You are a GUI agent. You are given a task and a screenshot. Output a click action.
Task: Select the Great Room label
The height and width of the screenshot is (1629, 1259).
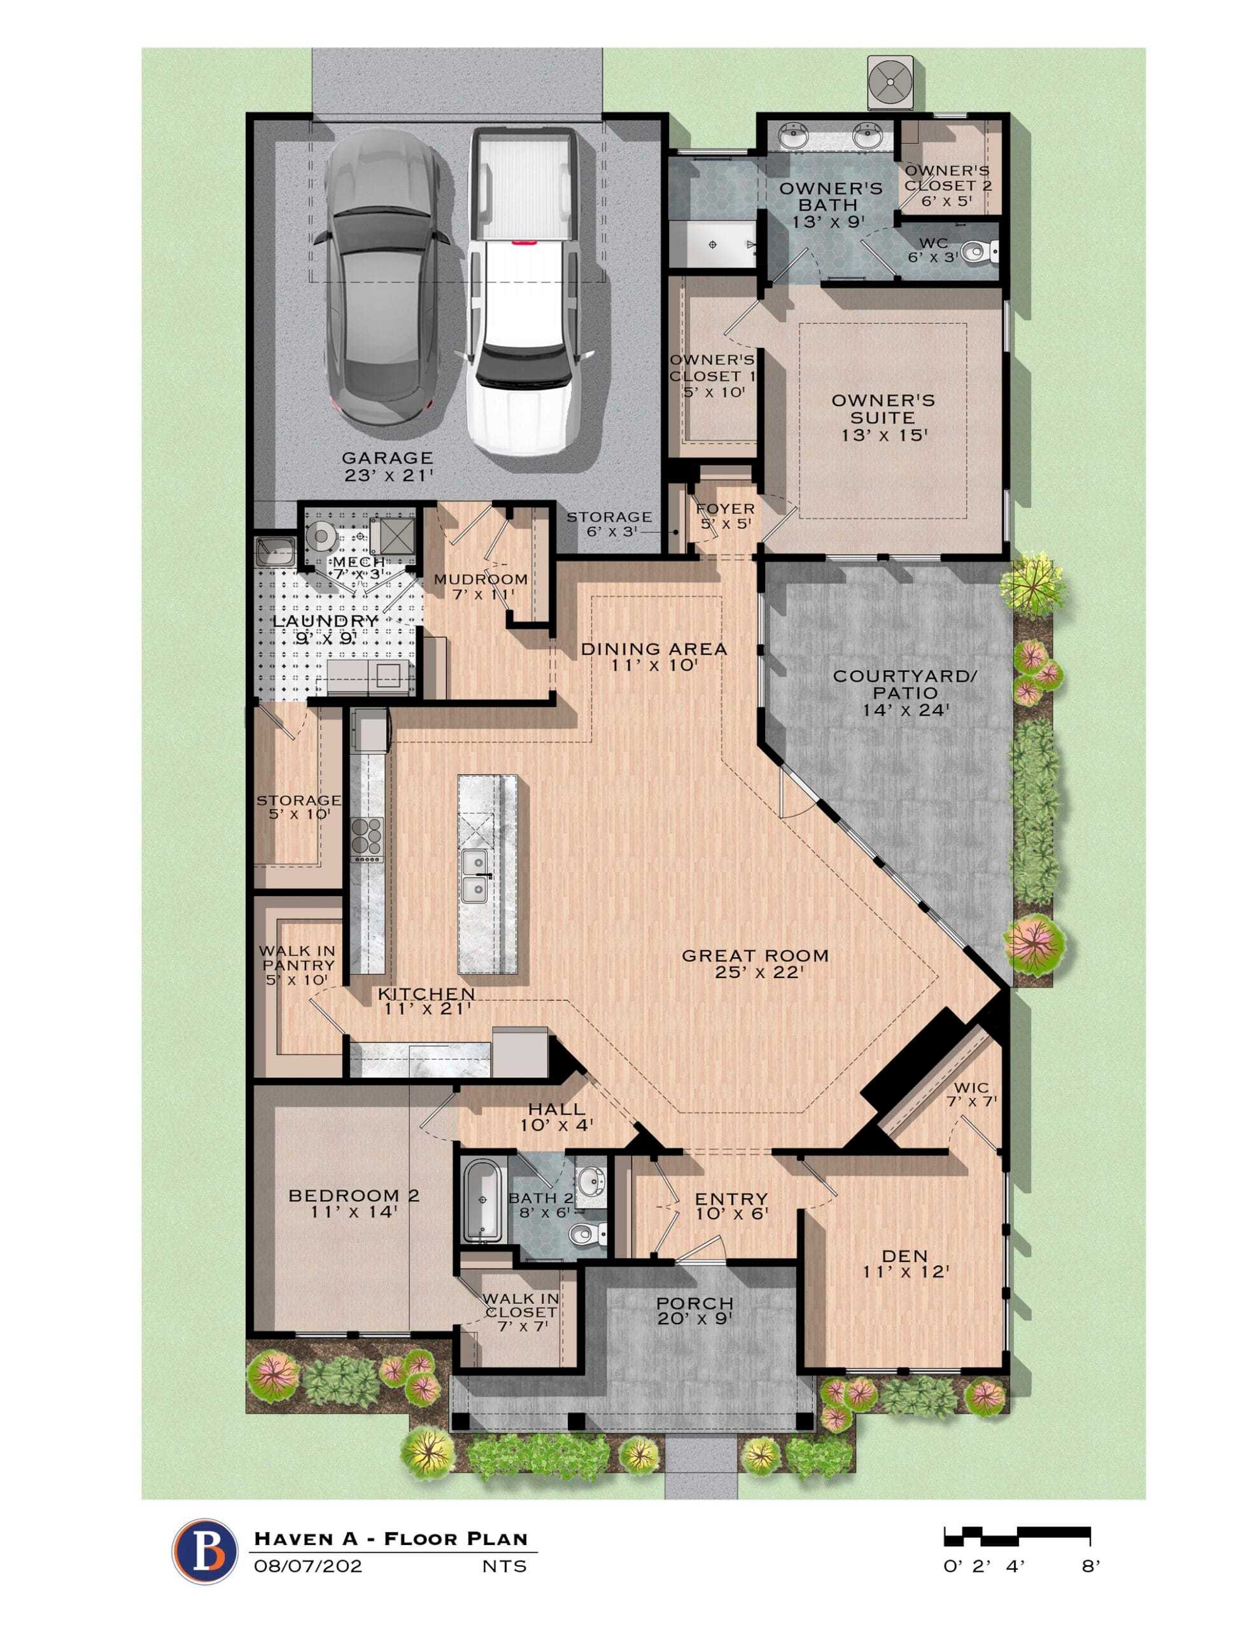pos(754,963)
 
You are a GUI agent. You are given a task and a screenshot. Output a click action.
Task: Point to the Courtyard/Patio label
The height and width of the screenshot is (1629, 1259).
pos(905,693)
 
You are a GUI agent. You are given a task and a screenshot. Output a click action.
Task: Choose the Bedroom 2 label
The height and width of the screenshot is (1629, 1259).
pos(354,1204)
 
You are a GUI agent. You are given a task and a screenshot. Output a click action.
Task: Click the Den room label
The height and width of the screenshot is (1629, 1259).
pos(905,1264)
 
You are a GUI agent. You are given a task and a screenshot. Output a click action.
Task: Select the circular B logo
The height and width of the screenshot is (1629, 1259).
pos(203,1551)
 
